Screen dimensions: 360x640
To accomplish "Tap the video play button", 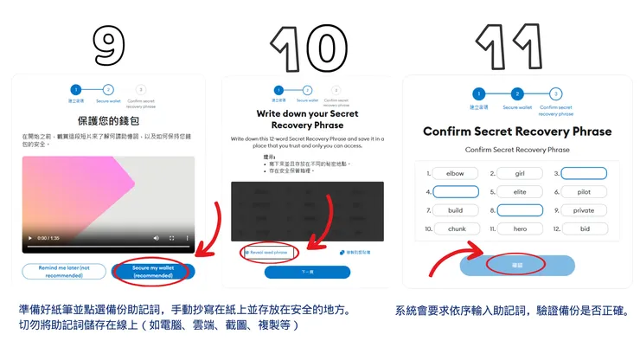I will pos(31,237).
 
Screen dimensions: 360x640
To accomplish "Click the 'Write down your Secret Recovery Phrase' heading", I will pos(307,119).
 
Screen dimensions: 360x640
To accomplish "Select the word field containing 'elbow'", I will pos(456,173).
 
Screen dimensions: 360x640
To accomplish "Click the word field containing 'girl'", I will pos(520,173).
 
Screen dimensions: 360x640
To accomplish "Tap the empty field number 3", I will pos(584,173).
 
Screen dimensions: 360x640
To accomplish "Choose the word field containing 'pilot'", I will pos(584,192).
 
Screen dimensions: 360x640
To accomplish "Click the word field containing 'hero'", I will pos(520,229).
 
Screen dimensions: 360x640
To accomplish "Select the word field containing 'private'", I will pos(584,210).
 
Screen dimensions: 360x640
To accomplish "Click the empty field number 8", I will pos(520,210).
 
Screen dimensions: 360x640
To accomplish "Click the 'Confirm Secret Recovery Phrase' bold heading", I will pos(516,132).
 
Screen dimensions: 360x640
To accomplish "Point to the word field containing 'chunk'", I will pos(456,229).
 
